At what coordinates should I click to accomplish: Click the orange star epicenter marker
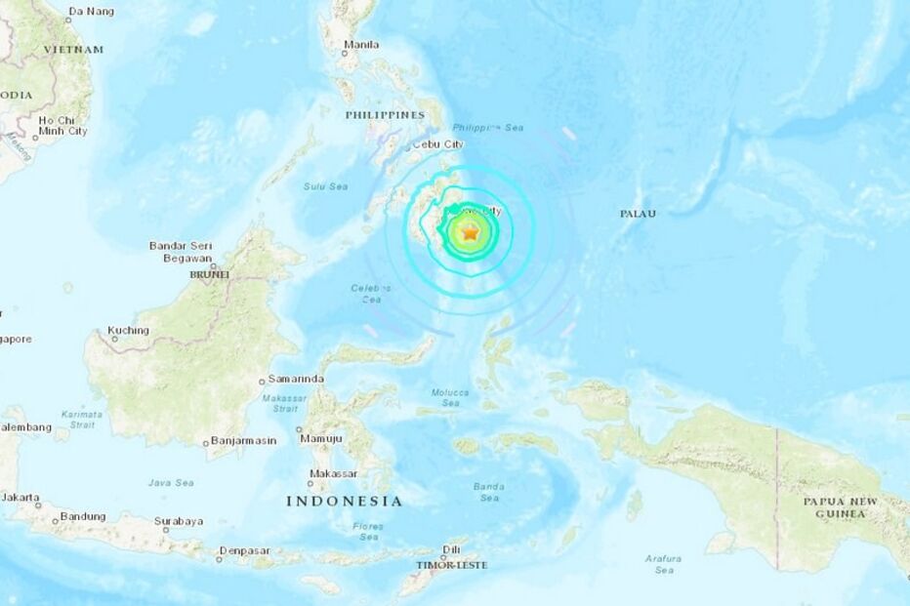tap(470, 233)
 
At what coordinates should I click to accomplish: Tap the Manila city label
tap(361, 45)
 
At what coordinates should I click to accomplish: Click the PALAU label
tap(638, 213)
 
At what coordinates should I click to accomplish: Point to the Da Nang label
tap(91, 12)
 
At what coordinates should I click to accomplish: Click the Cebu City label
tap(439, 143)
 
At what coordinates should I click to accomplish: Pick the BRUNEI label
tap(209, 275)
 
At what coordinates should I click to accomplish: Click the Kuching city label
tap(129, 331)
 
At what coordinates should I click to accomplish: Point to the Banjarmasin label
tap(244, 441)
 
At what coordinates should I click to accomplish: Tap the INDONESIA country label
tap(344, 501)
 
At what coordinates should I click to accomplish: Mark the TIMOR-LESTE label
tap(448, 565)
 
